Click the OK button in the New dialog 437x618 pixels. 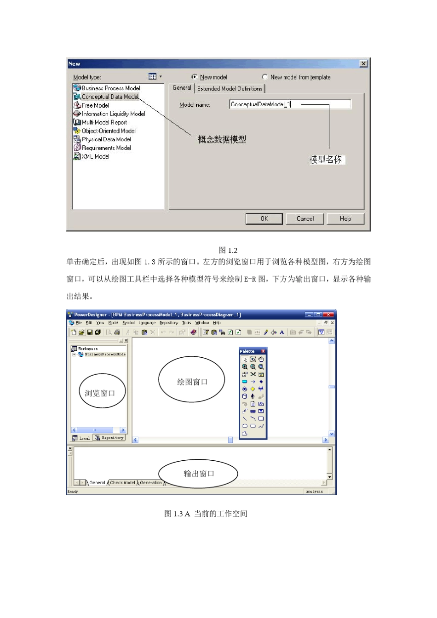point(264,219)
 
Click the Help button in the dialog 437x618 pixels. point(345,219)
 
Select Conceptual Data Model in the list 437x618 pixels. point(110,97)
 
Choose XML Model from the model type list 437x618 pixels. point(95,157)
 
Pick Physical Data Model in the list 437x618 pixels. point(106,139)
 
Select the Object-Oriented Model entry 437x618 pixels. point(109,131)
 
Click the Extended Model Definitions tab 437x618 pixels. point(230,89)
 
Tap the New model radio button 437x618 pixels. point(195,77)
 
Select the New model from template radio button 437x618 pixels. point(265,77)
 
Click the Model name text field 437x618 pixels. point(290,104)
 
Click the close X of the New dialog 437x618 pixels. point(363,64)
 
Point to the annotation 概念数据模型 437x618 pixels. point(222,139)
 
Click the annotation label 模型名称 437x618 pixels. point(326,160)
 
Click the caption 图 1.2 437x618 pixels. point(228,251)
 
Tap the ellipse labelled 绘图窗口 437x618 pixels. point(192,382)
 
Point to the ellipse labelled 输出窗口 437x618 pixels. point(198,474)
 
